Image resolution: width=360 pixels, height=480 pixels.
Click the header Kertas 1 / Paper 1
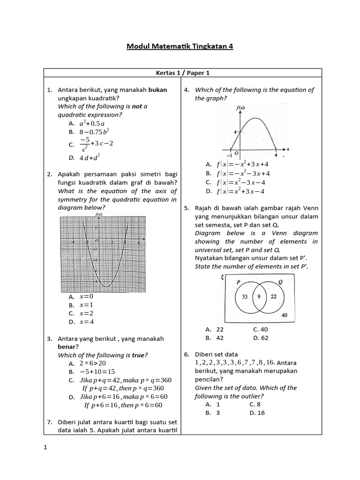183,73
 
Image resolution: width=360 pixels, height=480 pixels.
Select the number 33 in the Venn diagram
245,296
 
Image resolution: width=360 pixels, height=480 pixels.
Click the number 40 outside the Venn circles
285,315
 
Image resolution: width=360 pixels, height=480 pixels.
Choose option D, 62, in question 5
260,337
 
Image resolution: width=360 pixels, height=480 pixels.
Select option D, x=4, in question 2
86,322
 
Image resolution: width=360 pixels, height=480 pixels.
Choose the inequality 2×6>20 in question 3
92,363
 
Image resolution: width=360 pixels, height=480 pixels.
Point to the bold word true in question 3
138,355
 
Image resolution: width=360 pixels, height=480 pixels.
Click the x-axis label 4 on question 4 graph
276,155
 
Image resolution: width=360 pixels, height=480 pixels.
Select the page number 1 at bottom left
45,448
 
